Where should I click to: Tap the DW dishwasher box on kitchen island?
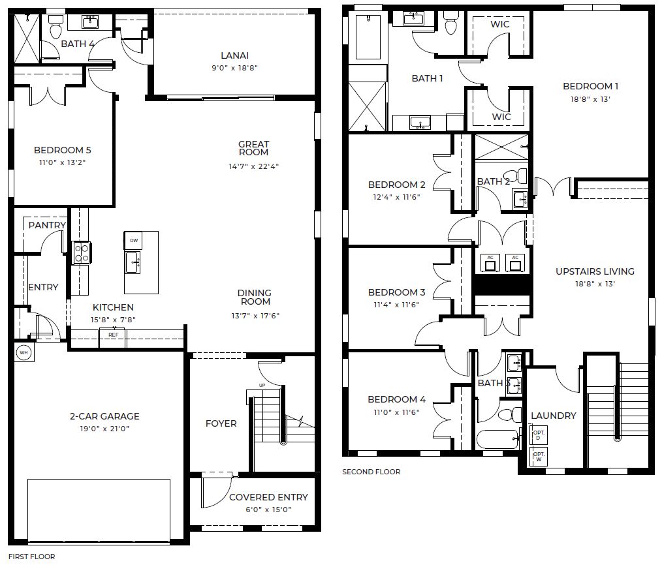pyautogui.click(x=133, y=240)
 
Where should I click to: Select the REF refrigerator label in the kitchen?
pyautogui.click(x=113, y=334)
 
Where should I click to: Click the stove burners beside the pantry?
pyautogui.click(x=82, y=252)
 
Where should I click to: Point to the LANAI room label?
pyautogui.click(x=234, y=56)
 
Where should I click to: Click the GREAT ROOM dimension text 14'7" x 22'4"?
pyautogui.click(x=253, y=166)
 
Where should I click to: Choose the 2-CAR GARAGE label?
pyautogui.click(x=104, y=416)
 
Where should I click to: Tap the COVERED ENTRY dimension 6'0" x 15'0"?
pyautogui.click(x=268, y=510)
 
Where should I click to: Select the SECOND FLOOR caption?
pyautogui.click(x=371, y=472)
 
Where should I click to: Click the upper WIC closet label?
pyautogui.click(x=500, y=25)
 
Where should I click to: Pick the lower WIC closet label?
pyautogui.click(x=501, y=117)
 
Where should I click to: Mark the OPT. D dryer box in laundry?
pyautogui.click(x=539, y=435)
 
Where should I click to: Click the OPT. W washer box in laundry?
pyautogui.click(x=539, y=457)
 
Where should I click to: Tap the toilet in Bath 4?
pyautogui.click(x=55, y=27)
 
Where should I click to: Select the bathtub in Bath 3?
pyautogui.click(x=497, y=439)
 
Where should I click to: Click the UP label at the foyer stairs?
pyautogui.click(x=262, y=386)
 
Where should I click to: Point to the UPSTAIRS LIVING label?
pyautogui.click(x=595, y=271)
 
